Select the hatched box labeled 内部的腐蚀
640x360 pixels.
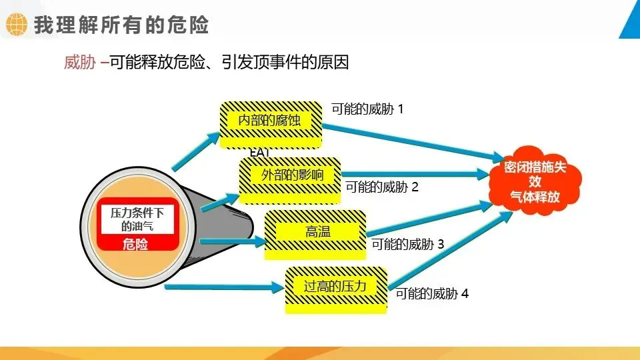pyautogui.click(x=270, y=121)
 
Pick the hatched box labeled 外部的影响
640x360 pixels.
pyautogui.click(x=291, y=176)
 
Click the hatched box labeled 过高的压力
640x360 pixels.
pyautogui.click(x=335, y=287)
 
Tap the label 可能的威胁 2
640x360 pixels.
pyautogui.click(x=382, y=187)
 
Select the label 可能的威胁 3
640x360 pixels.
pyautogui.click(x=407, y=244)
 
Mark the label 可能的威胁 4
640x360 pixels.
pyautogui.click(x=432, y=293)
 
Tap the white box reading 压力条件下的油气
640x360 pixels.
pyautogui.click(x=137, y=219)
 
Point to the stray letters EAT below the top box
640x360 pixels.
pyautogui.click(x=259, y=153)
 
